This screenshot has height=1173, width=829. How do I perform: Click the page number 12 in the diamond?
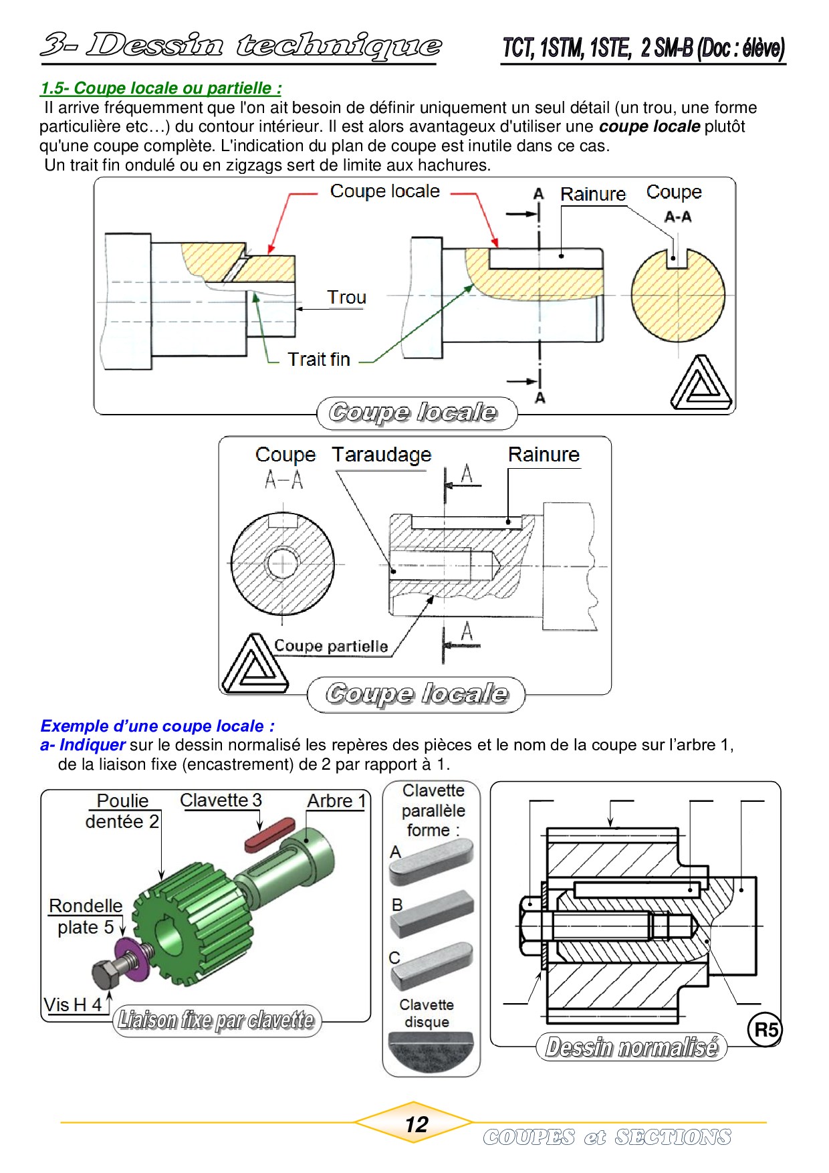click(x=416, y=1124)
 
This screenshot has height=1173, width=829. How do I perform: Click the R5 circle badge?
click(x=765, y=1029)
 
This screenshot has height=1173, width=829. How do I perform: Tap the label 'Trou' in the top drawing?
click(x=346, y=298)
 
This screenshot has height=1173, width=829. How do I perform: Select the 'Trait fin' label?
click(x=319, y=359)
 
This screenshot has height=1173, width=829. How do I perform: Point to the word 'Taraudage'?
click(x=382, y=455)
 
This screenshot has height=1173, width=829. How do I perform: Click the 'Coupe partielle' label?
click(x=331, y=646)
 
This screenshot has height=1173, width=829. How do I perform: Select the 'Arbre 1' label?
click(x=336, y=801)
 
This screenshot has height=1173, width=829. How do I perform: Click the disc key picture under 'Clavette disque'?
click(x=431, y=1050)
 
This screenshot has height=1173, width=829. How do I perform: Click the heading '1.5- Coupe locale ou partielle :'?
click(x=161, y=88)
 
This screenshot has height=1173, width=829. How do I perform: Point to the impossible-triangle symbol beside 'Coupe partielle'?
click(x=254, y=665)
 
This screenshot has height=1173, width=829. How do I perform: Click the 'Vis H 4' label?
click(x=73, y=1004)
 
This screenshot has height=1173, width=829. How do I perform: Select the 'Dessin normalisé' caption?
click(x=631, y=1047)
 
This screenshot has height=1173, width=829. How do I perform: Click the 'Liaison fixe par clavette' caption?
click(x=216, y=1020)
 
